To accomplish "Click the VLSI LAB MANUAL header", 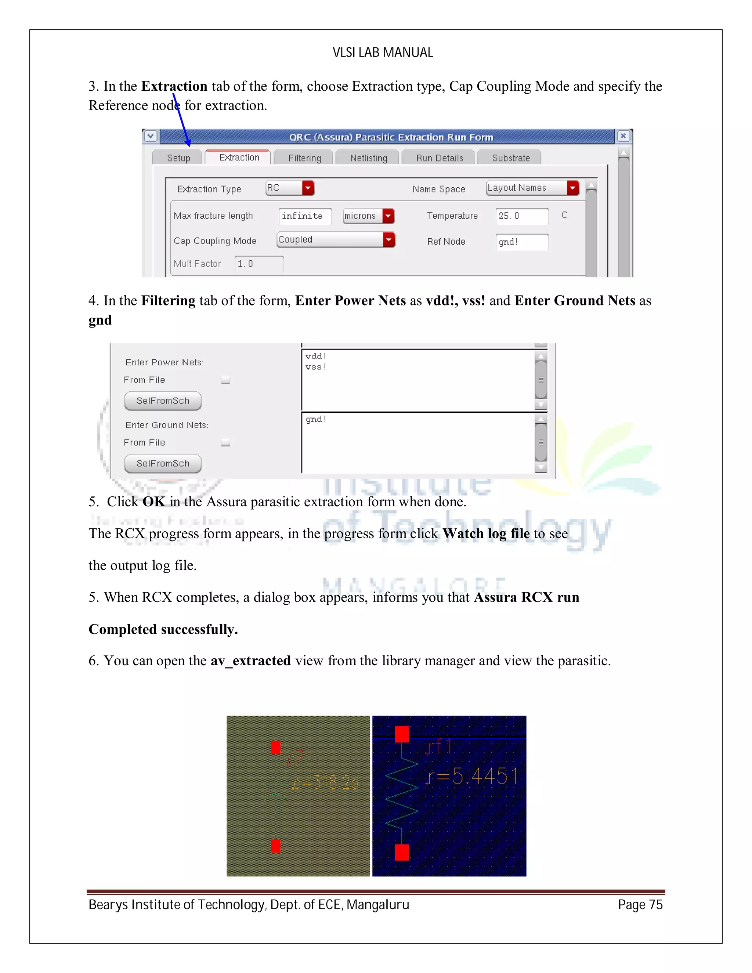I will [382, 53].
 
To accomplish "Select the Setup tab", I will [178, 158].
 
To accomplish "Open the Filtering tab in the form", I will [304, 158].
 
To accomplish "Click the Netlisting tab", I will [368, 158].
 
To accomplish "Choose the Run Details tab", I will [439, 158].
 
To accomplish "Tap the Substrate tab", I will [510, 158].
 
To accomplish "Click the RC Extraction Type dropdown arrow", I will [308, 188].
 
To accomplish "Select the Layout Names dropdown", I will [532, 188].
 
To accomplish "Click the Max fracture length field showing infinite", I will [305, 216].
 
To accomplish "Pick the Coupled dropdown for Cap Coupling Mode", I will [336, 240].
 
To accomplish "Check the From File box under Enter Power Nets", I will [226, 380].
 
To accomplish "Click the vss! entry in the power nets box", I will [316, 367].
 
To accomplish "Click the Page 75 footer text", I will [640, 905].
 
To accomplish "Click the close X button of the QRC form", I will [623, 136].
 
